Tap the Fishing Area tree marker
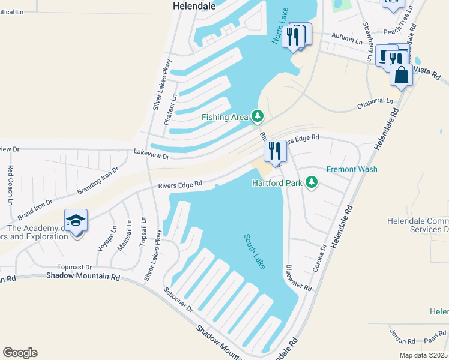(x=258, y=115)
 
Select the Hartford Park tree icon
(x=311, y=181)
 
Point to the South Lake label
(x=255, y=251)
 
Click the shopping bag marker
(x=401, y=75)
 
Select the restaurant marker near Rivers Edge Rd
(x=275, y=151)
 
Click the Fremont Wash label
(x=352, y=169)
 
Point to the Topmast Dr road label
(x=74, y=267)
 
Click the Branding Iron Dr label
(x=94, y=182)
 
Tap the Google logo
(x=20, y=353)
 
